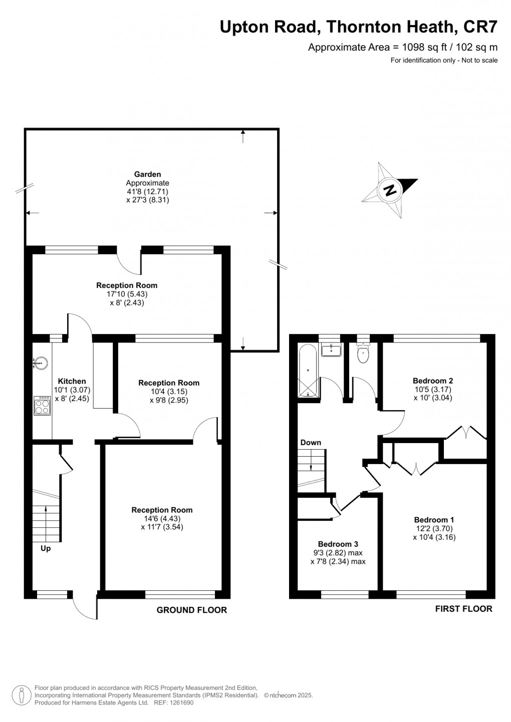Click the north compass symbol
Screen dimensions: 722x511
tap(389, 190)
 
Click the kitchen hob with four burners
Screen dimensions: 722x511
tap(42, 406)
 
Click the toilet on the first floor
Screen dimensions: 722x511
tap(363, 353)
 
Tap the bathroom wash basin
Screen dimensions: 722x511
tap(331, 349)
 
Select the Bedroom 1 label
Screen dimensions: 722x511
tap(434, 520)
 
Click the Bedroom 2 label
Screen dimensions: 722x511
tap(433, 381)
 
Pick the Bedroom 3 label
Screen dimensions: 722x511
tap(338, 544)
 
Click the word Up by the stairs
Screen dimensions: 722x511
tap(46, 548)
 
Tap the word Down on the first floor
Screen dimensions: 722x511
tap(311, 443)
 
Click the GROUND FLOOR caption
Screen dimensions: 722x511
tap(191, 610)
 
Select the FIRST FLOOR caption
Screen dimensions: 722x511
tap(463, 609)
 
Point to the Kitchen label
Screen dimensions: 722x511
tap(72, 381)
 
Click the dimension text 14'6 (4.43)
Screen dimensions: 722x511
tap(162, 518)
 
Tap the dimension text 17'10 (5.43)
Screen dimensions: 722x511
tap(127, 294)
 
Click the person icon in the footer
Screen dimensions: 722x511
tap(22, 695)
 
